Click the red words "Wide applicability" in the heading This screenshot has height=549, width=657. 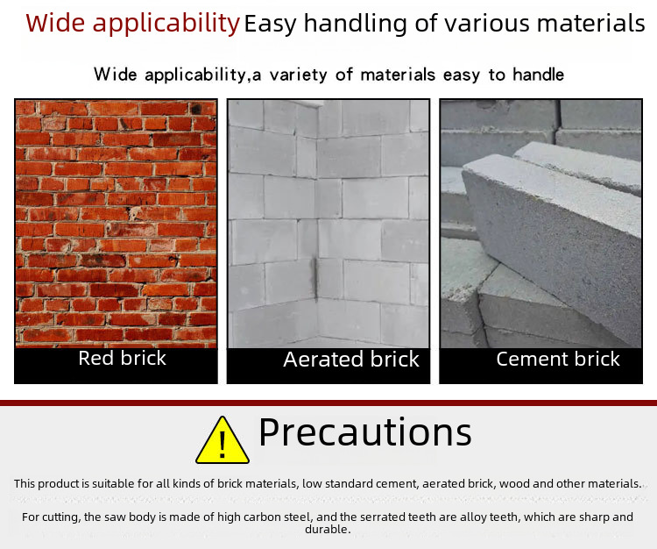pyautogui.click(x=132, y=24)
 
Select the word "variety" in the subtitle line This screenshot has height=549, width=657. pyautogui.click(x=298, y=75)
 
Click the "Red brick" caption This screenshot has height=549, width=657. pyautogui.click(x=122, y=358)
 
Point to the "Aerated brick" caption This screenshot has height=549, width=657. pyautogui.click(x=351, y=360)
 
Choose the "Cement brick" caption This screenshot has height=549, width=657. pyautogui.click(x=558, y=359)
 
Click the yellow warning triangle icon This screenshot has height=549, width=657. pyautogui.click(x=223, y=440)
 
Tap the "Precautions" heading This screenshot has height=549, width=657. pyautogui.click(x=365, y=432)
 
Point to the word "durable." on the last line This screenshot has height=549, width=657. pyautogui.click(x=328, y=530)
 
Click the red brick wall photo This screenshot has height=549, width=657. pyautogui.click(x=116, y=224)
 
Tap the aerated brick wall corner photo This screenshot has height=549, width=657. pyautogui.click(x=328, y=224)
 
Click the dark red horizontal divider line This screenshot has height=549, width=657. pyautogui.click(x=328, y=403)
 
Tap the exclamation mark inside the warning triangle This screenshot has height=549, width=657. pyautogui.click(x=223, y=444)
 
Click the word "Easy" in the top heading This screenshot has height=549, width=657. pyautogui.click(x=271, y=25)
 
